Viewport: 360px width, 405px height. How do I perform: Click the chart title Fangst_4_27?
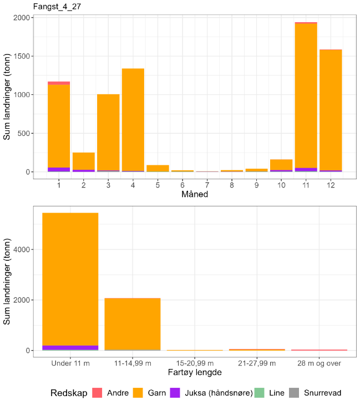[48, 6]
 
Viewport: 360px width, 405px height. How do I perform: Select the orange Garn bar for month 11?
[306, 94]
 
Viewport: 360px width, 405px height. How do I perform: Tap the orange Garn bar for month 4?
[133, 119]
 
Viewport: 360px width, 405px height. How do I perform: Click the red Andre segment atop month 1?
[59, 83]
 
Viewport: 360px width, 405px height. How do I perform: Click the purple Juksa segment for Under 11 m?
[70, 347]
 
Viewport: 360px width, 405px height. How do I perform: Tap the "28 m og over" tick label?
[319, 363]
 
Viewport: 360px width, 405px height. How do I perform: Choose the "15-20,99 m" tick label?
[195, 363]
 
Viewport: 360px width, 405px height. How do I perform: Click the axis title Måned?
[194, 194]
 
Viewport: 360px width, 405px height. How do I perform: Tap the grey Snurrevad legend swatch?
[296, 393]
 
